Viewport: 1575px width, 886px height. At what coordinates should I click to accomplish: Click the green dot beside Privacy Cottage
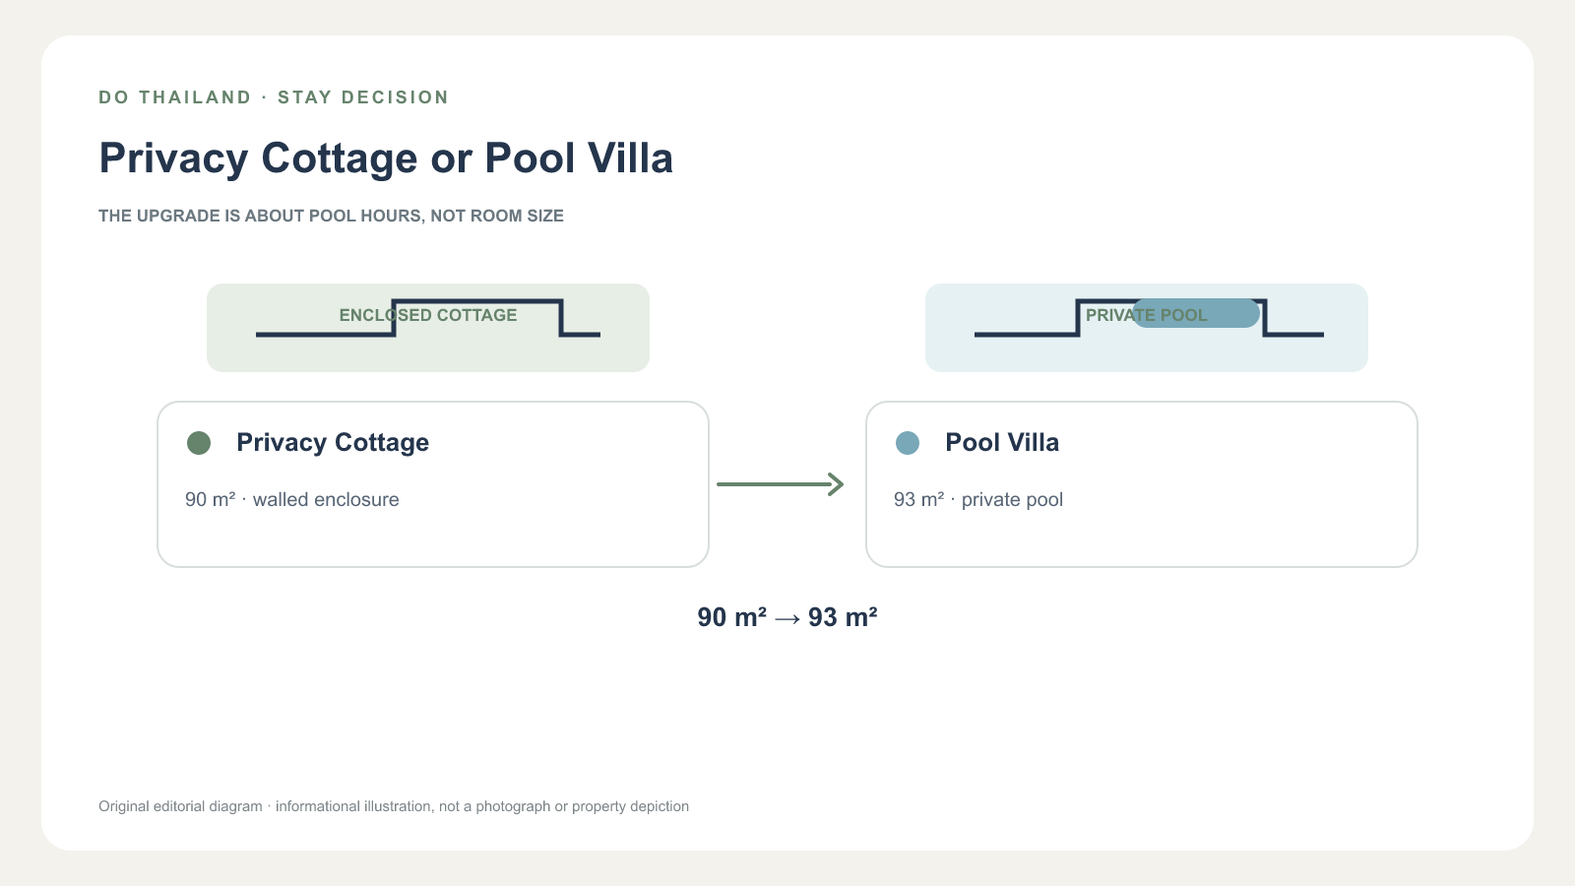(199, 443)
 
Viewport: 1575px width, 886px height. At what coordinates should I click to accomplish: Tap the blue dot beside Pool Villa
(908, 443)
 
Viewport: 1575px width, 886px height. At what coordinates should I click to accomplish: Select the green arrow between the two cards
(781, 484)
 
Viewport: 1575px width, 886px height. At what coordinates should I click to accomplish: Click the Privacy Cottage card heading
(333, 442)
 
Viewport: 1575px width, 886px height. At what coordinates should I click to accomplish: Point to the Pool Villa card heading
(1002, 442)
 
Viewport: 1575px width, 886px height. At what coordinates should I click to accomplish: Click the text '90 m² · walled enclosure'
(291, 499)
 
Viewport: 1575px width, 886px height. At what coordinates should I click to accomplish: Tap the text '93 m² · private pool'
(978, 499)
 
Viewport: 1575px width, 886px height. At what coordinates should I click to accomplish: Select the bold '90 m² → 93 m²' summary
(787, 617)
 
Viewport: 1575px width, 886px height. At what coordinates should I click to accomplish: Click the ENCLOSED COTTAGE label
(428, 315)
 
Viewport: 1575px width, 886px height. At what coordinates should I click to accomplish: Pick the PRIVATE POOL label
(1147, 315)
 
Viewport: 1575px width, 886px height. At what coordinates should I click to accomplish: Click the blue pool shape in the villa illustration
(1195, 313)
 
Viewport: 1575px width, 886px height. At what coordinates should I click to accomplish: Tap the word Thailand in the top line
(195, 97)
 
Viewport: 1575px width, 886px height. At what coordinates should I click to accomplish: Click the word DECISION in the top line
(395, 97)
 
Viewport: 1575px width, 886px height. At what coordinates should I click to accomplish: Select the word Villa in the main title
(630, 158)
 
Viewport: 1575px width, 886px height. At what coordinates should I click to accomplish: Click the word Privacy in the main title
(173, 158)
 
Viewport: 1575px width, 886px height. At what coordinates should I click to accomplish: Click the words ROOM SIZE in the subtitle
(517, 216)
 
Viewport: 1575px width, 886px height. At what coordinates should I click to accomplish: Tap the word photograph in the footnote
(513, 806)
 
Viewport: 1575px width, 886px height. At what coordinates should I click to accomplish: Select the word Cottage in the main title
(339, 158)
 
